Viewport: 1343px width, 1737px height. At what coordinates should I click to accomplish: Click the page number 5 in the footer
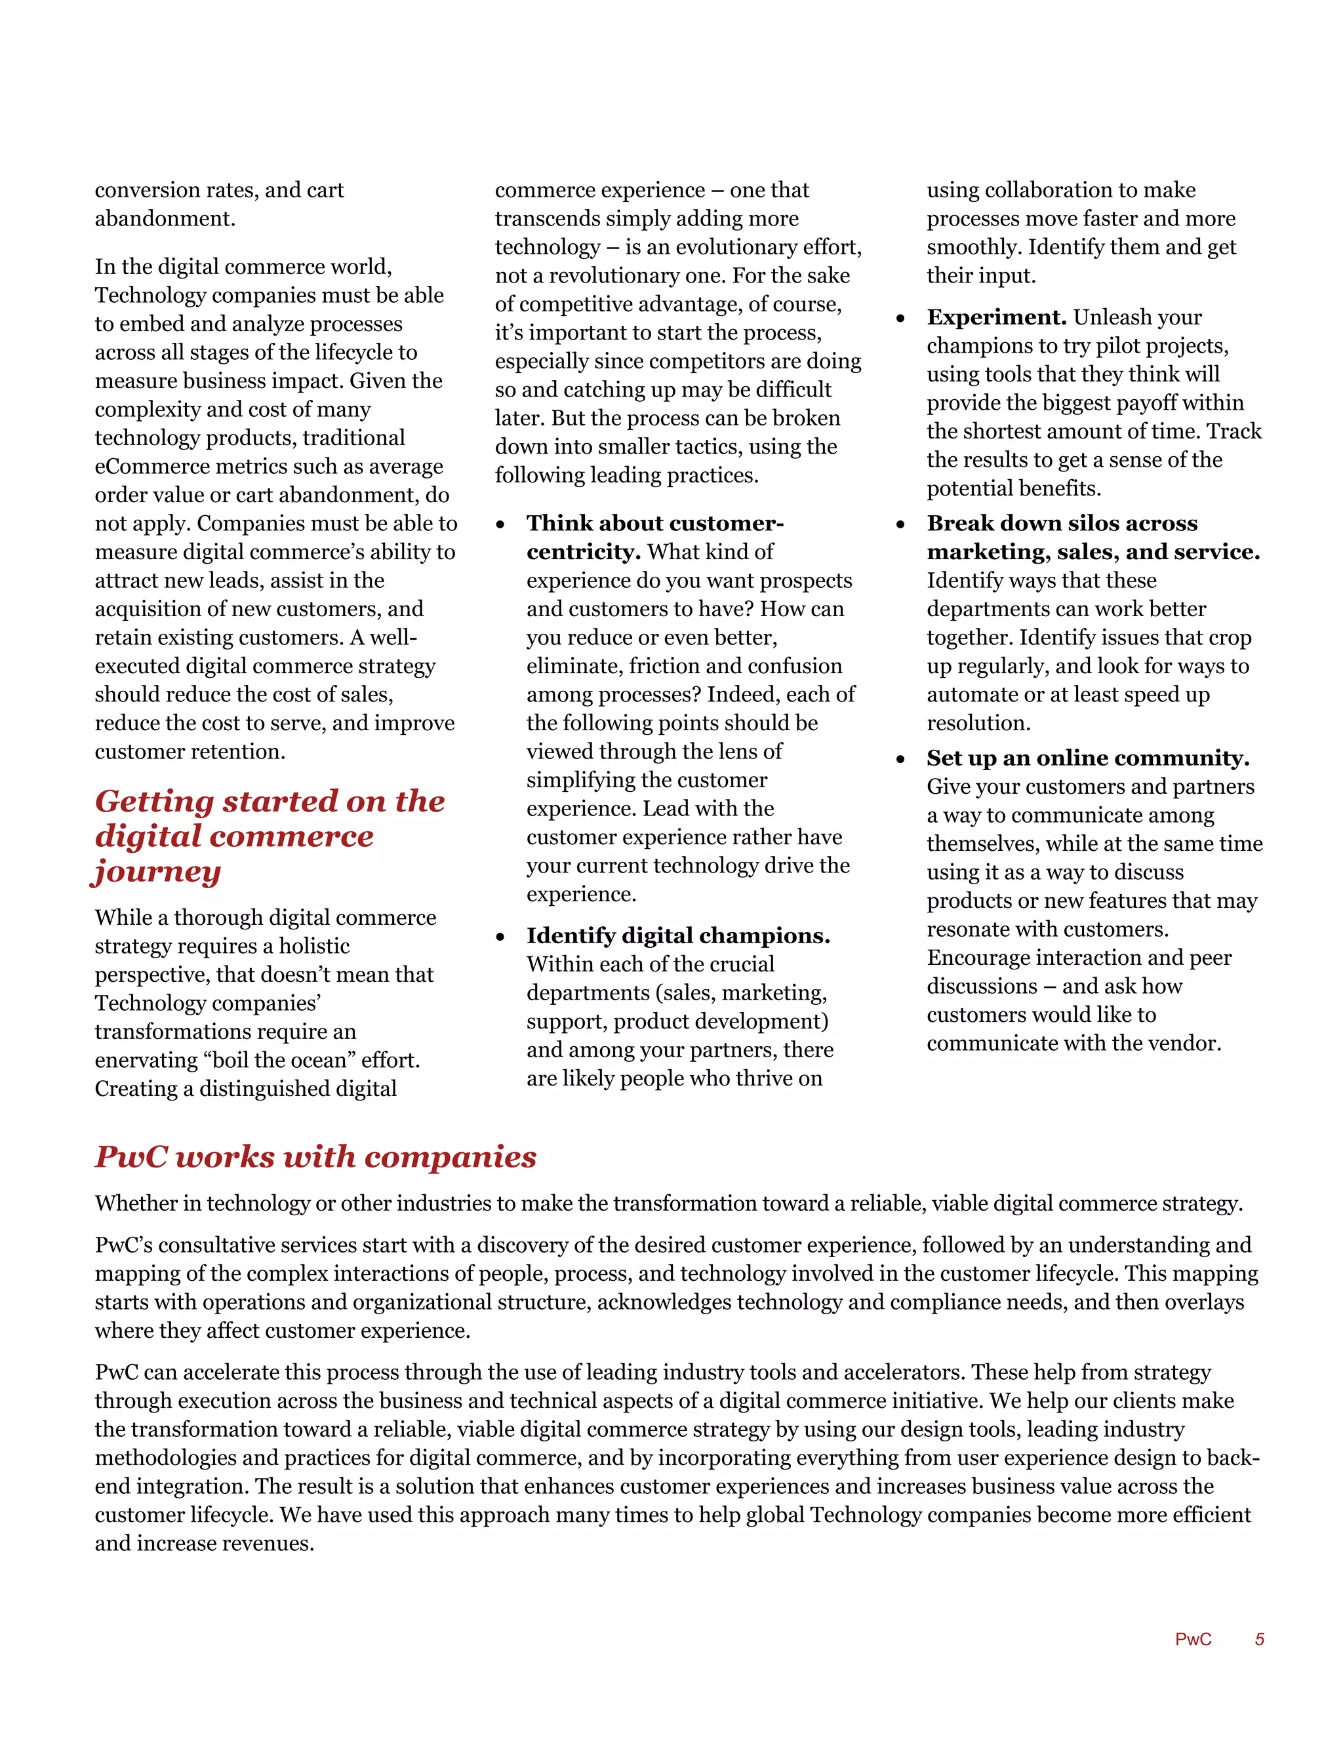1260,1639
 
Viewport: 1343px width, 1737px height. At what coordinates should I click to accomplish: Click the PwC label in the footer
1193,1639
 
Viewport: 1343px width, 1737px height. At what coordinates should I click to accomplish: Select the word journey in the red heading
157,872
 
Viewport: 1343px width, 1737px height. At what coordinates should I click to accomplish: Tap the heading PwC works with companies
316,1156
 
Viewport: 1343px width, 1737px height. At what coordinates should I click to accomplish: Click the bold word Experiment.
996,317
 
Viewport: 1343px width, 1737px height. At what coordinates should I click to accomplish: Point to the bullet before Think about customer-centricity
500,524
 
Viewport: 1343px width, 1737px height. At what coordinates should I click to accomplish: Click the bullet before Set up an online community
900,760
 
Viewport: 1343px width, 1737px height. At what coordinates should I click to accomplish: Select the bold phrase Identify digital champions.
678,935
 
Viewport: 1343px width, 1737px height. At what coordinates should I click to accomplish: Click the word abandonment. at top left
165,219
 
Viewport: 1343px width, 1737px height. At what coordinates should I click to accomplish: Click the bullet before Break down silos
900,524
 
